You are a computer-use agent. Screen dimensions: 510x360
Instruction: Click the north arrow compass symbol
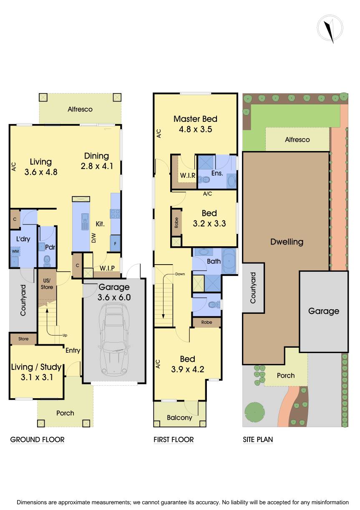pyautogui.click(x=329, y=29)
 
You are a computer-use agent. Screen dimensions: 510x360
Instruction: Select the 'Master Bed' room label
pyautogui.click(x=195, y=119)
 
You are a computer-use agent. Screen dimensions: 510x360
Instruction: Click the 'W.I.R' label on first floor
pyautogui.click(x=187, y=175)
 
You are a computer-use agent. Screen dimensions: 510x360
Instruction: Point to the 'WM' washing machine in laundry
pyautogui.click(x=15, y=252)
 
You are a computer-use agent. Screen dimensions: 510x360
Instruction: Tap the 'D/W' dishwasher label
pyautogui.click(x=93, y=239)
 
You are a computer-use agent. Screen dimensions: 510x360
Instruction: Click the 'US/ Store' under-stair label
pyautogui.click(x=47, y=284)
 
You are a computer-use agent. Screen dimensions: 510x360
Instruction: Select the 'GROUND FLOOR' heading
pyautogui.click(x=37, y=439)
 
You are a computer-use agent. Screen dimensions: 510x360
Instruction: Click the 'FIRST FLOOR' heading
pyautogui.click(x=174, y=439)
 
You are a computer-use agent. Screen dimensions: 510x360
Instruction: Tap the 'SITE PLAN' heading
pyautogui.click(x=258, y=439)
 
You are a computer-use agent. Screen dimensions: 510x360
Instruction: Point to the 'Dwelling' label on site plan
pyautogui.click(x=287, y=242)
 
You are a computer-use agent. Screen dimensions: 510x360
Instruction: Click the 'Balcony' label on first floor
pyautogui.click(x=179, y=417)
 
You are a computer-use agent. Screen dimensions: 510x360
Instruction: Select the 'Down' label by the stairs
pyautogui.click(x=180, y=274)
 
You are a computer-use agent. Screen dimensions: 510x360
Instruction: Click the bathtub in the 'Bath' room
pyautogui.click(x=229, y=261)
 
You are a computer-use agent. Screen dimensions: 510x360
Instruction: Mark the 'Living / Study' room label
pyautogui.click(x=36, y=367)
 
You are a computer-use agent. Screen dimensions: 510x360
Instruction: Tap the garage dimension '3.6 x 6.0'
pyautogui.click(x=114, y=297)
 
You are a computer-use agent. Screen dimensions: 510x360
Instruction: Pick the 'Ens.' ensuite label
pyautogui.click(x=217, y=173)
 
